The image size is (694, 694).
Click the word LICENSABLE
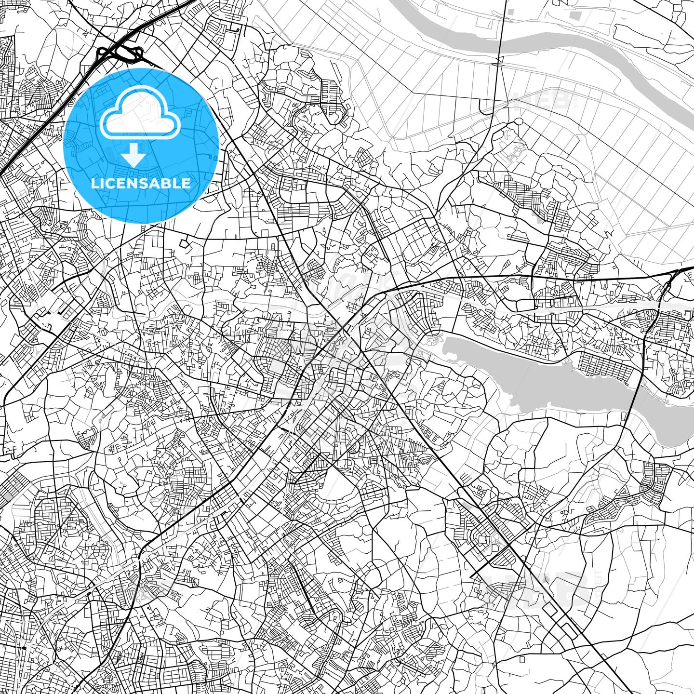pyautogui.click(x=141, y=184)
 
